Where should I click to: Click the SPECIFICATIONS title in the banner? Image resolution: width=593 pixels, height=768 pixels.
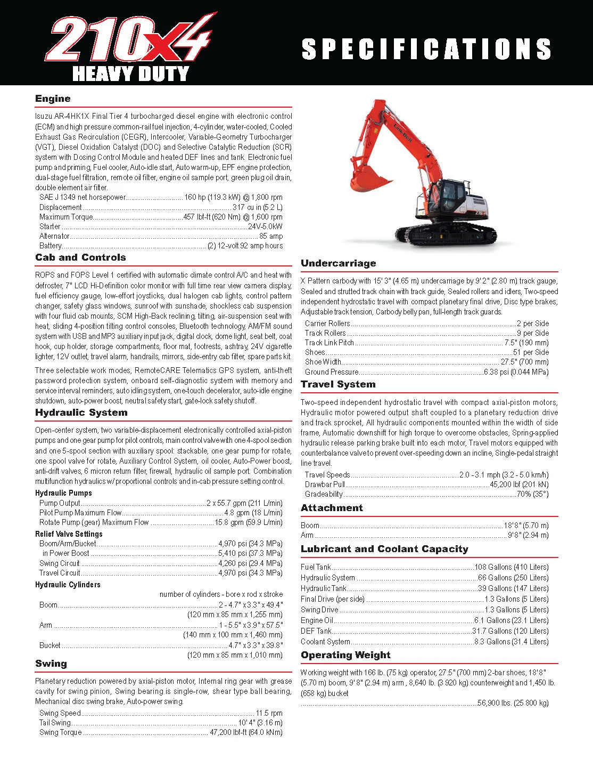(426, 49)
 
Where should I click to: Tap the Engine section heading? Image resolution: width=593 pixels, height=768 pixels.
(53, 99)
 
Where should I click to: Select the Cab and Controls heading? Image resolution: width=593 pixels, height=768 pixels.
(80, 257)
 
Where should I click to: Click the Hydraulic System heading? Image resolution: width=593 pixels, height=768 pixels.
(81, 413)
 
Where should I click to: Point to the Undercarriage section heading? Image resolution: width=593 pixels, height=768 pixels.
(338, 263)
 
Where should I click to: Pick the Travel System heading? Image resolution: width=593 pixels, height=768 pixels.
(338, 384)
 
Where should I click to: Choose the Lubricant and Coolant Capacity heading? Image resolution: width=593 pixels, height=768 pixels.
(384, 549)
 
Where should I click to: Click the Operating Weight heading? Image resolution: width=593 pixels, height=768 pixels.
(345, 655)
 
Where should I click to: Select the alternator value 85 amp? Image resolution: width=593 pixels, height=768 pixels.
(271, 236)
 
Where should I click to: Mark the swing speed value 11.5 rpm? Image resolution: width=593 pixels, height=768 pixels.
(269, 713)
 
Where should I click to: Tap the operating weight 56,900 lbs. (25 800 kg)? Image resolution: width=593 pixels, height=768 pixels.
(513, 703)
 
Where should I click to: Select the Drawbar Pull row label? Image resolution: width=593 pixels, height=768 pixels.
(325, 484)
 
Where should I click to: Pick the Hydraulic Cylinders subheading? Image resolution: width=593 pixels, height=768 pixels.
(68, 585)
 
